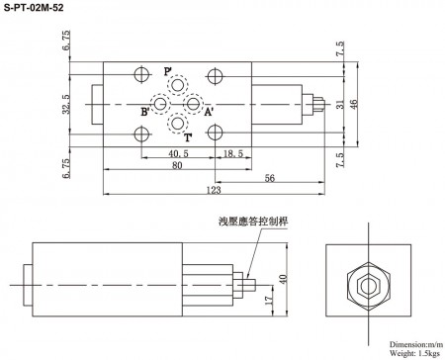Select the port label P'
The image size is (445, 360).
[168, 71]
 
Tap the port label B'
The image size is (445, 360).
[144, 112]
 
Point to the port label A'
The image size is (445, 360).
[209, 112]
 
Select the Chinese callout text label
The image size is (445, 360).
[250, 222]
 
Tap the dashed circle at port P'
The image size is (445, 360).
[178, 84]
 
